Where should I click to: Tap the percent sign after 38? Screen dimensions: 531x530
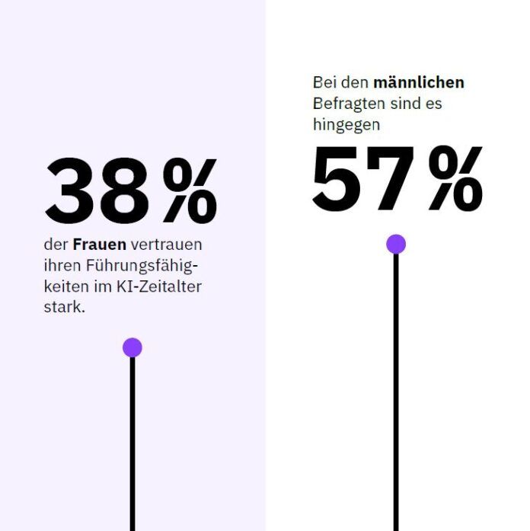(x=190, y=192)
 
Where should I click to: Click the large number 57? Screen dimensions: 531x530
(x=363, y=180)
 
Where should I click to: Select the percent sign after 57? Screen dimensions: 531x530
(x=455, y=180)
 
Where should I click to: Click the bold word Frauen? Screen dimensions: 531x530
(x=100, y=245)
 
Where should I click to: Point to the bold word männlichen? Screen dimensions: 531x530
(x=418, y=82)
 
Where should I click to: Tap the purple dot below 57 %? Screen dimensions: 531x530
(x=396, y=244)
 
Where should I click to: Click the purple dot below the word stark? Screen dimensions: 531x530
(x=132, y=347)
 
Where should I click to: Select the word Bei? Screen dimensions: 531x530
(x=324, y=82)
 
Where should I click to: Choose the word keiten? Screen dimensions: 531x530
(x=64, y=288)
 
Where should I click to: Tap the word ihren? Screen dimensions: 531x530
(x=61, y=267)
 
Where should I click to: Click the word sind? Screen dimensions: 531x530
(x=404, y=103)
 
